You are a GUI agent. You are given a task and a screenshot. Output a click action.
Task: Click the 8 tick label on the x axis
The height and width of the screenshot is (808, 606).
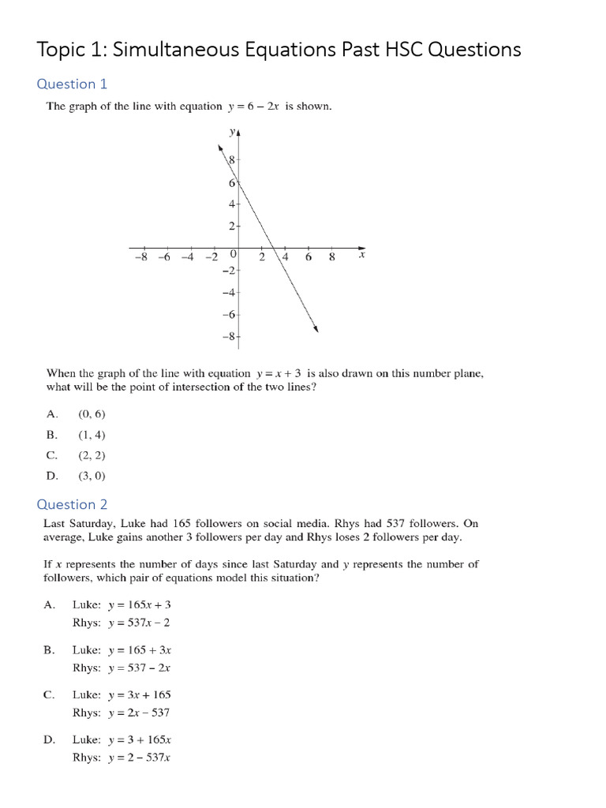tap(331, 257)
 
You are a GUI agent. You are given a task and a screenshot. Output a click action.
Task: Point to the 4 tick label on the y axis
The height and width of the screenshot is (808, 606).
tap(231, 204)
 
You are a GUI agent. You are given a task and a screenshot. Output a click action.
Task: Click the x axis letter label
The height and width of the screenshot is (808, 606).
tap(362, 255)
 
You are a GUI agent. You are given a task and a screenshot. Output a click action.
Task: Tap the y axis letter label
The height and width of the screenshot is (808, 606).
tap(231, 133)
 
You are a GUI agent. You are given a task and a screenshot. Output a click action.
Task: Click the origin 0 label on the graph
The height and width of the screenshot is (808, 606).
tap(234, 254)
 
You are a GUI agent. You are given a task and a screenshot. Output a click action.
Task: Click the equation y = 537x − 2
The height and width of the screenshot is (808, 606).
tap(140, 623)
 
